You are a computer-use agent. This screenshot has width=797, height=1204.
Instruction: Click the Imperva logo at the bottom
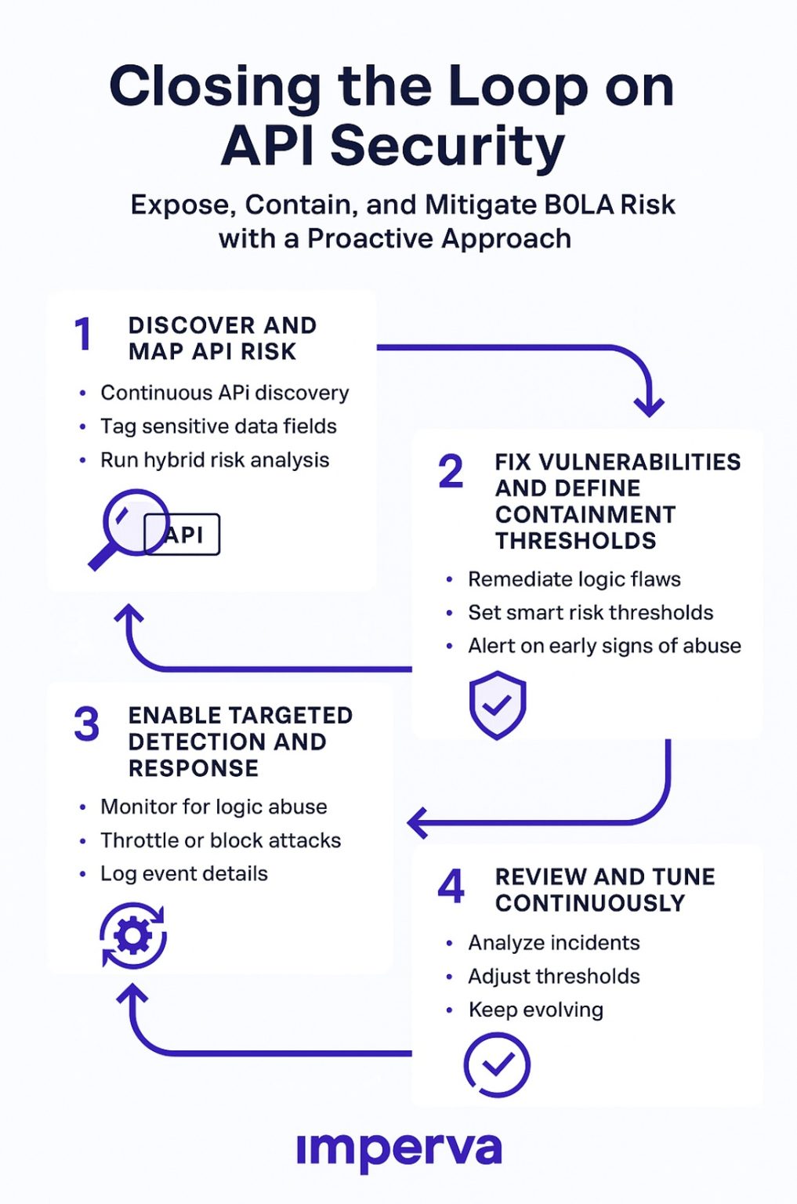click(399, 1150)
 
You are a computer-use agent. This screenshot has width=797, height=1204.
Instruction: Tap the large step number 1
click(83, 333)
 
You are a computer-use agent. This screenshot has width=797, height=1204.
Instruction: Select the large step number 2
click(451, 471)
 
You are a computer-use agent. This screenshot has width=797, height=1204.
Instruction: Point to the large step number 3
click(87, 723)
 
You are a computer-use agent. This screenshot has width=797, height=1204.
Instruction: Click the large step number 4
click(451, 886)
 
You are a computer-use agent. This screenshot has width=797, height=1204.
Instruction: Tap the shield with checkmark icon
click(497, 705)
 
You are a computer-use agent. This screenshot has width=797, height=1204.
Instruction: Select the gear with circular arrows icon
click(133, 936)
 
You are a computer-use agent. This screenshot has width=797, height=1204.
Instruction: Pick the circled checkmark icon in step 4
click(497, 1064)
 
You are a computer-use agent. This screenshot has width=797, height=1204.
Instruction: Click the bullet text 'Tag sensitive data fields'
click(218, 426)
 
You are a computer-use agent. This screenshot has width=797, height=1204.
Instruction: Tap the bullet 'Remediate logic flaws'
click(574, 579)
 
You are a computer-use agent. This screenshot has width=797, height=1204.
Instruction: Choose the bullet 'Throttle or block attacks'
click(220, 840)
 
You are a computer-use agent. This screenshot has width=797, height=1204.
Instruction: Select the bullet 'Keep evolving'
click(535, 1010)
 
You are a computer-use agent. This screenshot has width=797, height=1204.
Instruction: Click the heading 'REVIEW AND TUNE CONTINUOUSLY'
click(604, 890)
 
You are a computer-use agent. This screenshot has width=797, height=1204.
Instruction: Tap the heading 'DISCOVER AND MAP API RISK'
click(222, 338)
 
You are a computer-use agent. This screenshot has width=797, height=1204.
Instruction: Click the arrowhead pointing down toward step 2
click(649, 406)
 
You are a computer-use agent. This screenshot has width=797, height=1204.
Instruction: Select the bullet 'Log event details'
click(183, 874)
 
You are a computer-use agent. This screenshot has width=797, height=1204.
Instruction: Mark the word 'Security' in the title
click(447, 146)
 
